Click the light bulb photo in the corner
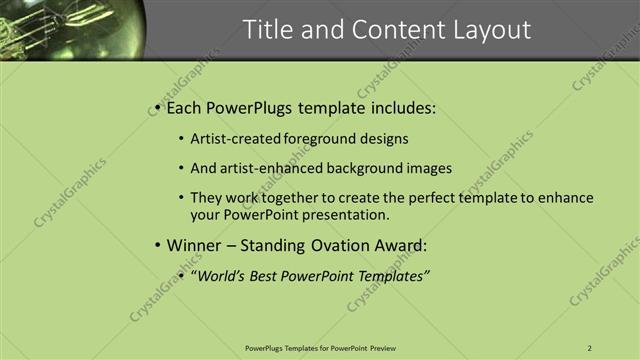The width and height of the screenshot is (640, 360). click(x=70, y=28)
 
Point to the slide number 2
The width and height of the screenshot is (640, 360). click(x=590, y=348)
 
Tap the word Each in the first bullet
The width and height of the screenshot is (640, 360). click(x=184, y=108)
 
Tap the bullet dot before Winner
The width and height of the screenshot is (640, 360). click(x=157, y=245)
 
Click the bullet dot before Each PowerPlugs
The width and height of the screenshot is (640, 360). click(x=157, y=108)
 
